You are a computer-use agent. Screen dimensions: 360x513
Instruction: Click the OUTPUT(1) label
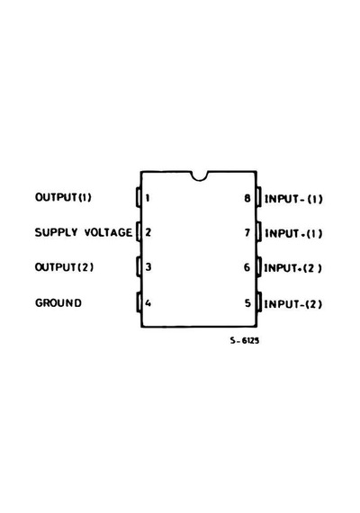coord(63,197)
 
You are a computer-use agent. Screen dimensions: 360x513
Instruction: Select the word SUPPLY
coord(57,232)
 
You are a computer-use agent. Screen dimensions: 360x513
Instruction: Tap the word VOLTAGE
coord(108,232)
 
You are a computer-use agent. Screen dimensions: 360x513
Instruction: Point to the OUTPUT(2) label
coord(64,267)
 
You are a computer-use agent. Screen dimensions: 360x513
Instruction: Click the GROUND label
coord(58,302)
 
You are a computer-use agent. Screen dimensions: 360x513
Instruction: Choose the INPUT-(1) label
coord(293,199)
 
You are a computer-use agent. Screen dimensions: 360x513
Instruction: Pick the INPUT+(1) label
coord(293,233)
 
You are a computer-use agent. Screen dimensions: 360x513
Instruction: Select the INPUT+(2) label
coord(292,268)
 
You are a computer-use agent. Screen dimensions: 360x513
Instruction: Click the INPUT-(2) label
coord(292,304)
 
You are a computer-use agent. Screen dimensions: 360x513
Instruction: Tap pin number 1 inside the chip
coord(148,198)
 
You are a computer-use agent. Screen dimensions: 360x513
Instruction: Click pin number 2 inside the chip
coord(148,232)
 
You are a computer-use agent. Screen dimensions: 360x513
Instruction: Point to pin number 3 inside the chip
coord(148,266)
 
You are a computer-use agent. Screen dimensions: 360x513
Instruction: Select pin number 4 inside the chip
coord(148,303)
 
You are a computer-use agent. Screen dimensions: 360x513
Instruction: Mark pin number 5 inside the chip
coord(247,303)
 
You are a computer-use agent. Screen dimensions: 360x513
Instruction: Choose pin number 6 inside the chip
coord(247,267)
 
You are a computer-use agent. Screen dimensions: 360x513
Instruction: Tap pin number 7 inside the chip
coord(247,232)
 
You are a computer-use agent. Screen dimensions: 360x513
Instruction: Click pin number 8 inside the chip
coord(247,198)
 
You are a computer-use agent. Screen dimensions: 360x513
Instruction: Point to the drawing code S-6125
coord(245,340)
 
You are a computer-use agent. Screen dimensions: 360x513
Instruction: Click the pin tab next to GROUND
coord(139,302)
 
